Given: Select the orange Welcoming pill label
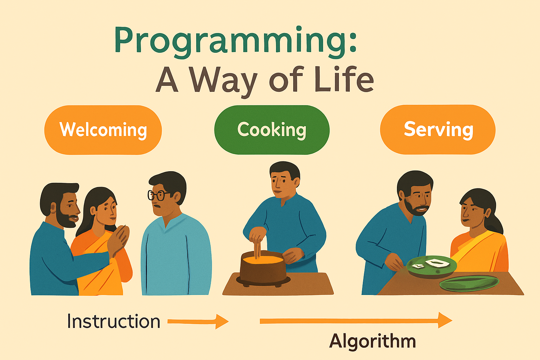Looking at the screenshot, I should click(x=103, y=130).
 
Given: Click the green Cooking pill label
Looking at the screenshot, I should click(x=272, y=130).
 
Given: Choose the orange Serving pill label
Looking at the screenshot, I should click(x=438, y=129).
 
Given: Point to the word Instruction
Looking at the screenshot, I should click(x=114, y=321).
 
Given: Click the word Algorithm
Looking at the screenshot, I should click(x=372, y=341).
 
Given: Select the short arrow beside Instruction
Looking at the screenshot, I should click(x=198, y=321).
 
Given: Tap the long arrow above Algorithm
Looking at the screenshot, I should click(x=355, y=320).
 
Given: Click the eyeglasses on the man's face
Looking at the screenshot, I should click(x=158, y=195).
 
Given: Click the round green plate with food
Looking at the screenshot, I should click(x=431, y=266).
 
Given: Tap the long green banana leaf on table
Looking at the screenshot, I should click(x=469, y=283).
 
